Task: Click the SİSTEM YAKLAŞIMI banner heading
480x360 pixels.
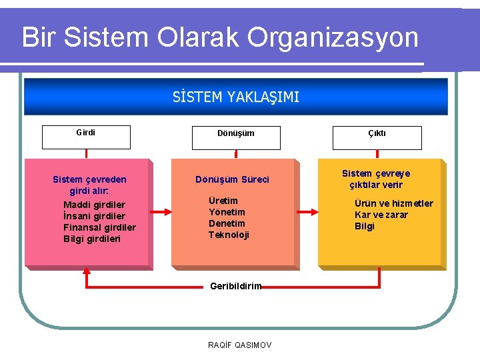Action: click(236, 98)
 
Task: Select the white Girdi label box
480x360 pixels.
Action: click(87, 137)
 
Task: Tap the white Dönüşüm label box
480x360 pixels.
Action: click(235, 137)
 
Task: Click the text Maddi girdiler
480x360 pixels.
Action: click(94, 205)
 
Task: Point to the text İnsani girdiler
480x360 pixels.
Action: click(94, 216)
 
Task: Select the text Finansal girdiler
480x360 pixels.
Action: click(99, 227)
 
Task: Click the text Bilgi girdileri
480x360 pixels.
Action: click(92, 239)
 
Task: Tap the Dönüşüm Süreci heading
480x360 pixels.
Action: click(232, 179)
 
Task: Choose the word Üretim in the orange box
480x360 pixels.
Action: click(223, 201)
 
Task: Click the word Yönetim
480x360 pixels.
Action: click(227, 212)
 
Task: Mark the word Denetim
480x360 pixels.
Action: click(227, 223)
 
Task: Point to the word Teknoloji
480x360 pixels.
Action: click(229, 235)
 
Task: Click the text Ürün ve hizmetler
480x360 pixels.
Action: click(393, 203)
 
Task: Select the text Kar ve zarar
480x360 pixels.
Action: click(381, 215)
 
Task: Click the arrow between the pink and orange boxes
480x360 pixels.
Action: click(161, 213)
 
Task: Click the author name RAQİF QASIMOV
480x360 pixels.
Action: click(240, 345)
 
